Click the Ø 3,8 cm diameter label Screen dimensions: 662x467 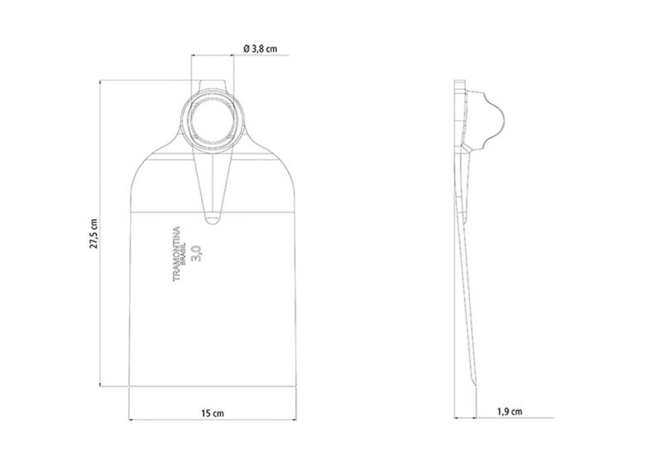point(261,49)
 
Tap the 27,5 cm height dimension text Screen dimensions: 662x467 point(94,234)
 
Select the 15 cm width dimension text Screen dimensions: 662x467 point(213,413)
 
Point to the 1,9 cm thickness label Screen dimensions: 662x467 point(510,412)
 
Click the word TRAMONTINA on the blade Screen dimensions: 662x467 point(176,254)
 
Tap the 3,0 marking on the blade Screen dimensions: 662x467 point(197,253)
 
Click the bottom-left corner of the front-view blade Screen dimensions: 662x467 point(129,386)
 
